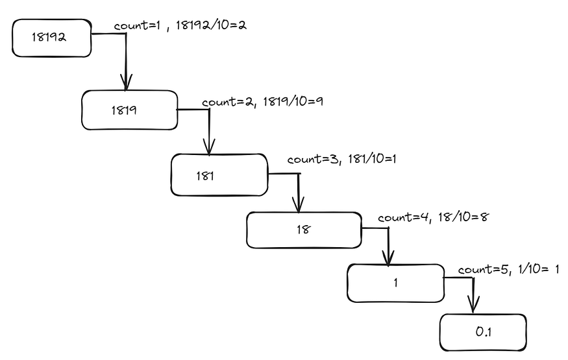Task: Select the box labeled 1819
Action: click(129, 110)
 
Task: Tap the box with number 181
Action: click(219, 174)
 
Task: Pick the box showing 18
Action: click(303, 230)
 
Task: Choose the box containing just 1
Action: click(395, 283)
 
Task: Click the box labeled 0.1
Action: click(482, 332)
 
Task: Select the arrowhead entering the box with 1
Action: click(388, 256)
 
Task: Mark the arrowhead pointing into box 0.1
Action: click(473, 305)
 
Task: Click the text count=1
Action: click(138, 26)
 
